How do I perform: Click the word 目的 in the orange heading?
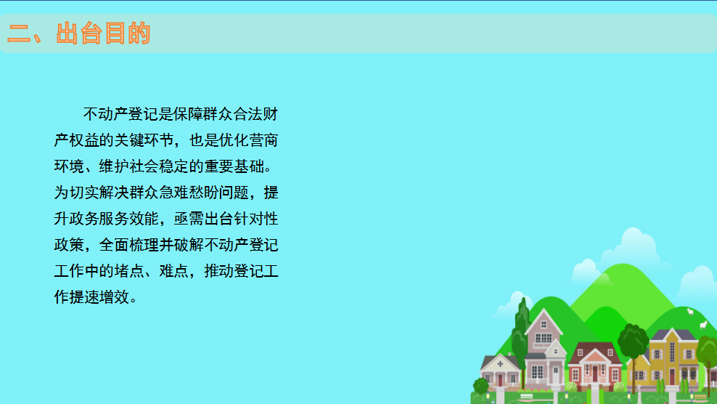128,33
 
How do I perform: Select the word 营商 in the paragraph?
263,140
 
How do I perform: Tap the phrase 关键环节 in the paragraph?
144,140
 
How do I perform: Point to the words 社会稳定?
159,166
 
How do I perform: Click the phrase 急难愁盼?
189,193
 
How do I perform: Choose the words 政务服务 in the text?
99,219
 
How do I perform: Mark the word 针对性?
256,219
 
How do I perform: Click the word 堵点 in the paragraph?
129,271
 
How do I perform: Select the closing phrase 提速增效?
99,296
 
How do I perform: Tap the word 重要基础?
234,166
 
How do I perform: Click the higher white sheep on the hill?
690,312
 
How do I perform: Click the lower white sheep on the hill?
703,326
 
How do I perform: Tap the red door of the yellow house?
672,376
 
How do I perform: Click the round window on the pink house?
556,352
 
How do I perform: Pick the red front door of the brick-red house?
595,373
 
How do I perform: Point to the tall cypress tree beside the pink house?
521,340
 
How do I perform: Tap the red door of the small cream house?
500,380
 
